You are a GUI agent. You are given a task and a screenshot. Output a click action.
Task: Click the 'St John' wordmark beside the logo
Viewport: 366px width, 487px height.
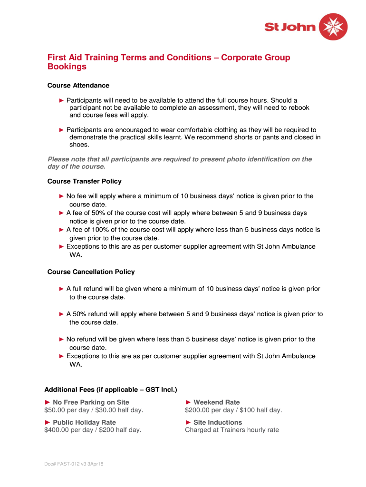click(x=290, y=27)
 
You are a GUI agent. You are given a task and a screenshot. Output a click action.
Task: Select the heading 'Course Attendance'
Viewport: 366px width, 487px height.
click(x=78, y=86)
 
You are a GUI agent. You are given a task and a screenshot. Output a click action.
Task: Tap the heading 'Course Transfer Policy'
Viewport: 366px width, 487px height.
click(x=85, y=181)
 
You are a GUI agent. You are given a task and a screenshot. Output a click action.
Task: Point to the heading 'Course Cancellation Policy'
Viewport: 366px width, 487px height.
click(x=91, y=272)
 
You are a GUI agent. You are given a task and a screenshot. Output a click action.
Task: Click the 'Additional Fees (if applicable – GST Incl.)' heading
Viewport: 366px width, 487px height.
click(x=111, y=390)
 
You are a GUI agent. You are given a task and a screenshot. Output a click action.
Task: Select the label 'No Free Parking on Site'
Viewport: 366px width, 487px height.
click(x=91, y=402)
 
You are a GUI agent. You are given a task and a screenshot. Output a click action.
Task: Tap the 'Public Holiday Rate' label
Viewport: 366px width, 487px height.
click(x=84, y=422)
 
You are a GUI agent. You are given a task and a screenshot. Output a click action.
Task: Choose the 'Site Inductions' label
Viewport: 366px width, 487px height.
click(x=217, y=422)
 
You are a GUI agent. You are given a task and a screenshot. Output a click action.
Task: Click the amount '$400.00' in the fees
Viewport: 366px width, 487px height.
click(x=58, y=430)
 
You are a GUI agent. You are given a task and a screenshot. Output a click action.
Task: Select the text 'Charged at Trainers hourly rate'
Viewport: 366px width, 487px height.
click(x=232, y=430)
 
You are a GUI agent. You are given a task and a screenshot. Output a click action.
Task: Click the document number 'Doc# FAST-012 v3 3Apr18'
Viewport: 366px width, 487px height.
click(x=72, y=464)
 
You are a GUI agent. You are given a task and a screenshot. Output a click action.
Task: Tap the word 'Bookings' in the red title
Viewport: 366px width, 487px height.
click(x=67, y=67)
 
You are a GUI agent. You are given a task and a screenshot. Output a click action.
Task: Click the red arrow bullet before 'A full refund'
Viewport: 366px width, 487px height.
click(x=61, y=289)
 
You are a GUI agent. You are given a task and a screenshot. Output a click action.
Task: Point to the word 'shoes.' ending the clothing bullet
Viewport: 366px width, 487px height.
click(x=79, y=146)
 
